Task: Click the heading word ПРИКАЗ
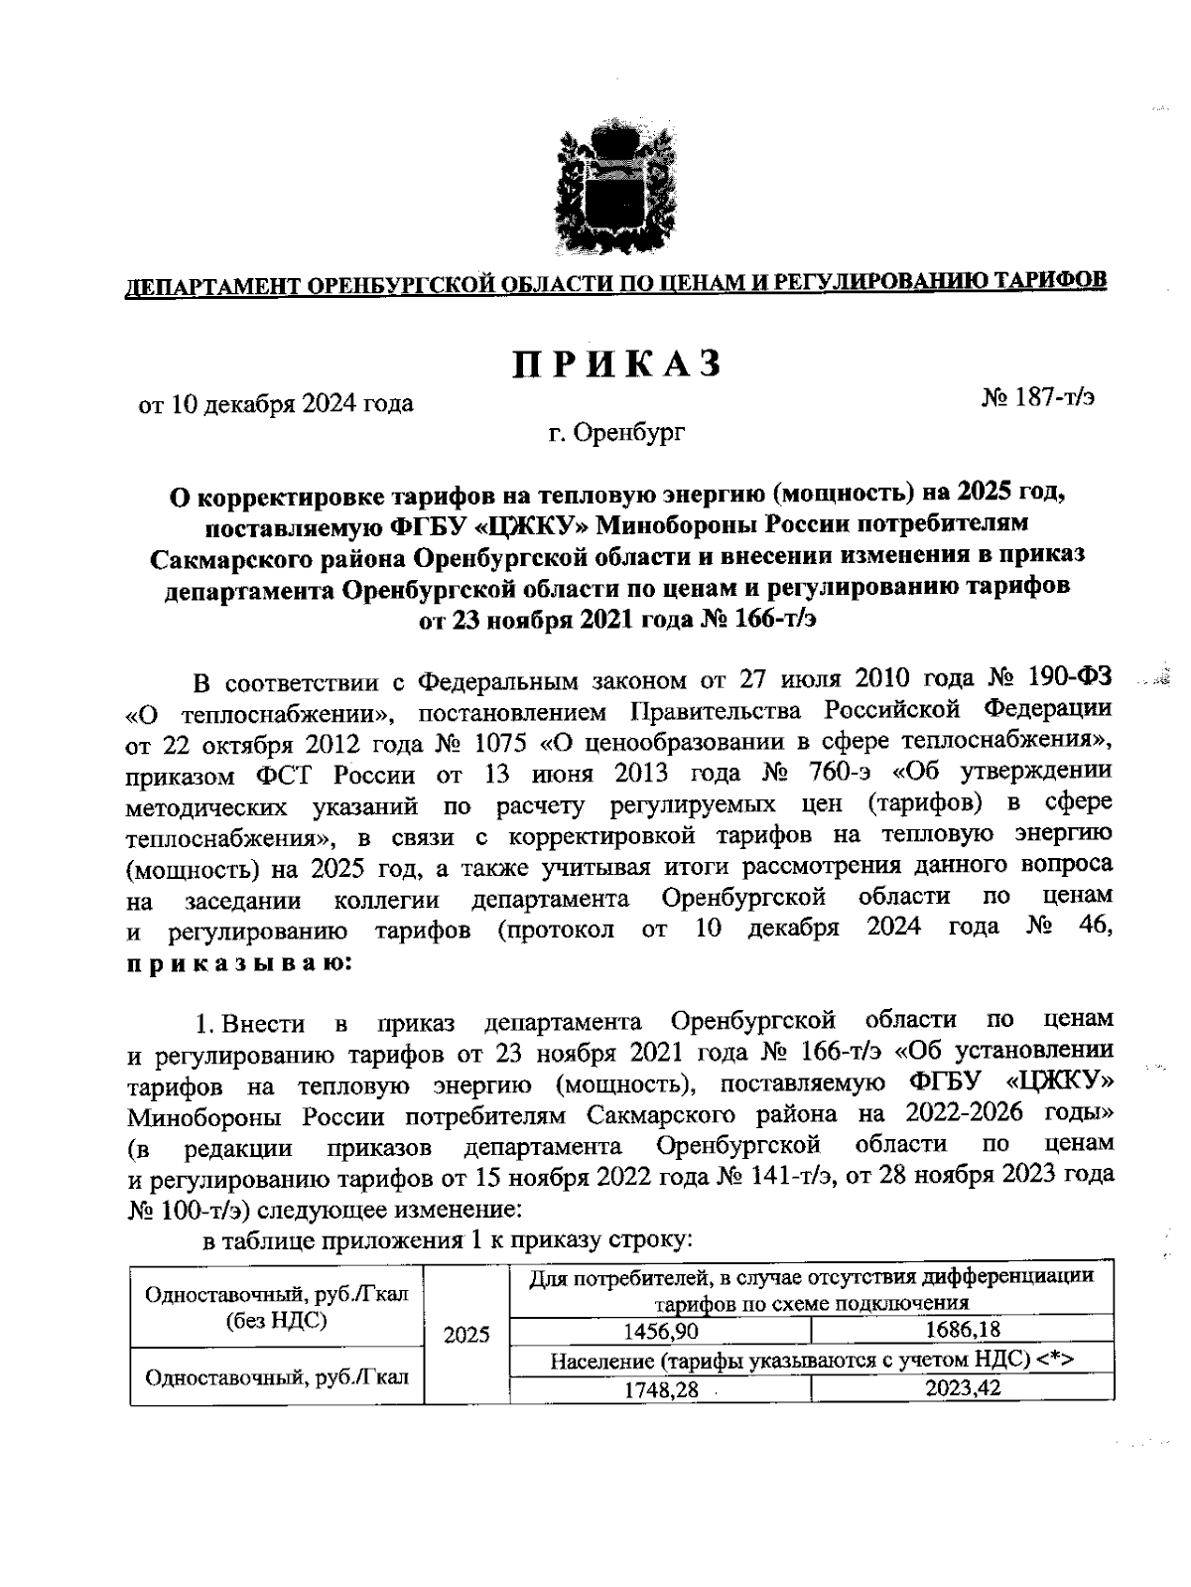(x=615, y=364)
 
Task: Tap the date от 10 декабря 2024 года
(x=276, y=404)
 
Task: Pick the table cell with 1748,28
(x=660, y=1390)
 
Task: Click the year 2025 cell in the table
(x=466, y=1335)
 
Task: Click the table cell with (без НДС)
(x=277, y=1320)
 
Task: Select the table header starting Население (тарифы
(x=811, y=1361)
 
